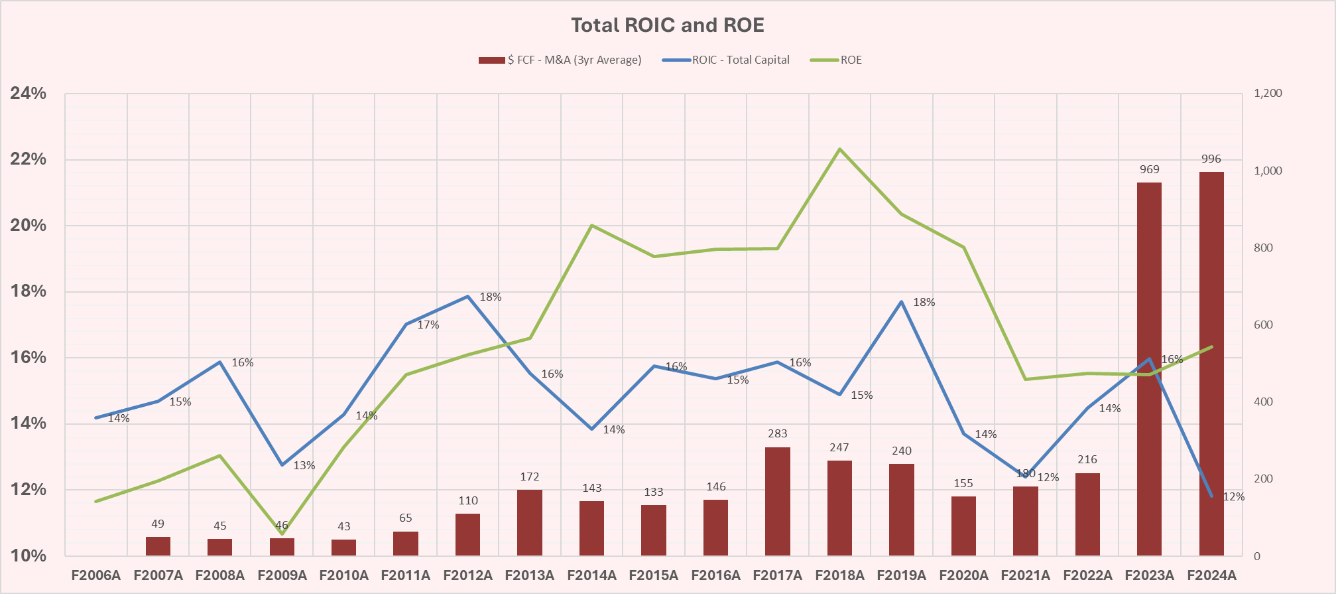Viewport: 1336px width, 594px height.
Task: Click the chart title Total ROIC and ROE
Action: click(x=668, y=25)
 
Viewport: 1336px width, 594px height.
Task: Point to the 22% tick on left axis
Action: click(x=29, y=159)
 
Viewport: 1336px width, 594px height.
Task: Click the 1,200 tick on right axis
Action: click(x=1268, y=94)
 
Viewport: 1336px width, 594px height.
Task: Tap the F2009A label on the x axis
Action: click(x=282, y=575)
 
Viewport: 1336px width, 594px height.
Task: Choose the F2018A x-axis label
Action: click(x=839, y=575)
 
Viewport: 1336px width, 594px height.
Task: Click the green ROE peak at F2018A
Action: click(x=839, y=149)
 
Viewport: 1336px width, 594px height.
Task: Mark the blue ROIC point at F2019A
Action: click(x=902, y=302)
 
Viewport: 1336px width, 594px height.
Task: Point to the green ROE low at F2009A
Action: click(x=282, y=534)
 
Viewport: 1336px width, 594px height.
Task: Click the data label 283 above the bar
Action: click(x=777, y=433)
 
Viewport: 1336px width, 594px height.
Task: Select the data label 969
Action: click(x=1149, y=169)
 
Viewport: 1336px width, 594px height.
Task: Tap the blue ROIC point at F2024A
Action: click(x=1211, y=496)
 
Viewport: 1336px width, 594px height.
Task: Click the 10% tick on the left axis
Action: click(x=29, y=556)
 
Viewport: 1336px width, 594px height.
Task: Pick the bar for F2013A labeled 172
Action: click(x=530, y=522)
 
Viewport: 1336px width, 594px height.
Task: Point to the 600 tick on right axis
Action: click(x=1263, y=325)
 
